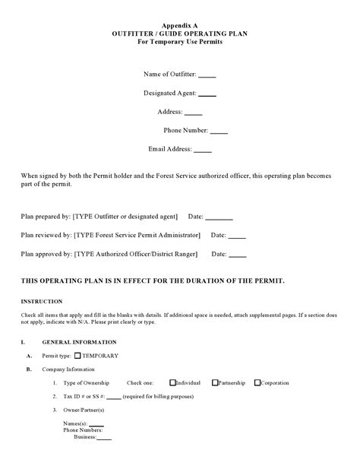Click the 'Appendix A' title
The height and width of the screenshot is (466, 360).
coord(181,25)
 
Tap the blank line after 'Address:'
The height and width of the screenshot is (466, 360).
coord(194,113)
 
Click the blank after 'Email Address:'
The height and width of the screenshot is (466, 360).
coord(203,151)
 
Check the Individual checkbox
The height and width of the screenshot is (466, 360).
coord(173,383)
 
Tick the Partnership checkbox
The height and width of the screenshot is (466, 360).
coord(216,383)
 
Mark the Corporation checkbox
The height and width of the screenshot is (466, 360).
coord(257,383)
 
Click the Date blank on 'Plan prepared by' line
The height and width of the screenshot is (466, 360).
coord(219,217)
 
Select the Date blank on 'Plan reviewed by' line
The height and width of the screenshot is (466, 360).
coord(237,236)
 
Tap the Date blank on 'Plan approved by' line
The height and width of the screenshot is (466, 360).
coord(238,255)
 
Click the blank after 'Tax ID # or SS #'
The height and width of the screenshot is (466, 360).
coord(114,398)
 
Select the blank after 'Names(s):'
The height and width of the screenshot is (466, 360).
coord(96,424)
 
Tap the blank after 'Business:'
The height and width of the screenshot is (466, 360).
coord(104,439)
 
